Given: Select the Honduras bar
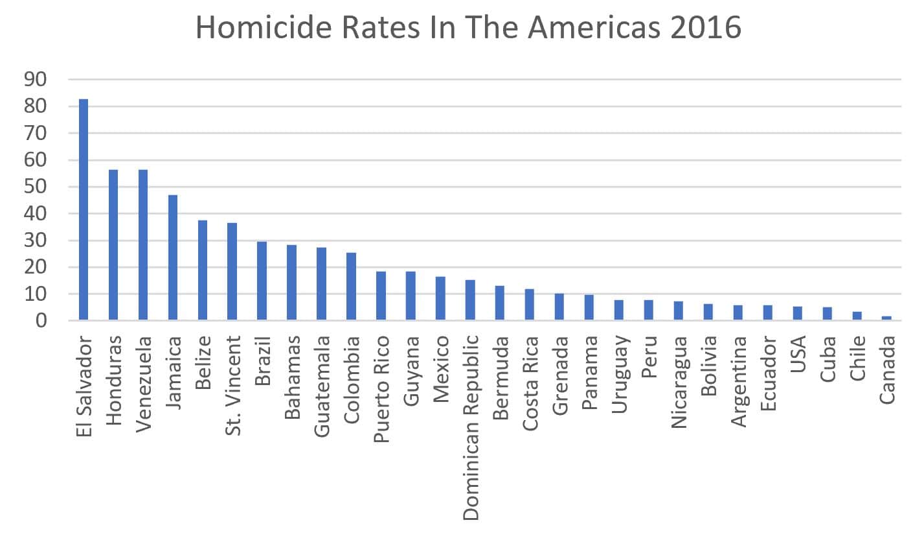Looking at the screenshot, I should coord(113,244).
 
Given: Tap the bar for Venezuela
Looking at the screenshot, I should coord(143,244).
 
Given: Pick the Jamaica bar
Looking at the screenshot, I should coord(173,257).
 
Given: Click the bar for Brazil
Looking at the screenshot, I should coord(262,281).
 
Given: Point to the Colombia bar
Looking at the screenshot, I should coord(351,286).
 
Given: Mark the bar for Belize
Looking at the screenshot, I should coord(203,270).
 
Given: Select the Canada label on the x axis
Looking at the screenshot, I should coord(887,369).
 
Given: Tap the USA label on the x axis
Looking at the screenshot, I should coord(798,355).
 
